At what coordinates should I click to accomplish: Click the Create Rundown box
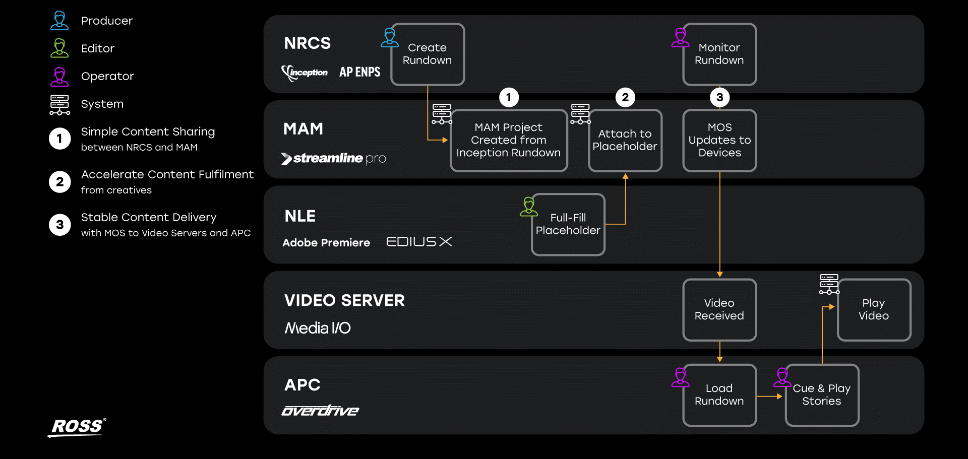click(428, 54)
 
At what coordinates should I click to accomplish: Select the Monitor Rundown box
click(719, 54)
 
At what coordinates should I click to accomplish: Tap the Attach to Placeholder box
click(625, 141)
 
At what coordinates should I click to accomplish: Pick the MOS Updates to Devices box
click(719, 141)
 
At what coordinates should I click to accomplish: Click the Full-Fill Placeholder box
click(568, 225)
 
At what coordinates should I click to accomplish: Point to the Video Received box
click(719, 310)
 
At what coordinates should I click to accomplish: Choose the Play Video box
click(874, 310)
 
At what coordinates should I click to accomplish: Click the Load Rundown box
click(719, 395)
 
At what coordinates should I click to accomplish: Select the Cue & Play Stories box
click(822, 395)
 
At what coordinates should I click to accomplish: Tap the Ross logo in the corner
click(78, 427)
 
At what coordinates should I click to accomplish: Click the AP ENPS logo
click(360, 72)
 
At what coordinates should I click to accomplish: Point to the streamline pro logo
click(334, 159)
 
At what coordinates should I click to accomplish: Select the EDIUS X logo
click(419, 242)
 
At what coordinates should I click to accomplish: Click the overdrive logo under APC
click(320, 411)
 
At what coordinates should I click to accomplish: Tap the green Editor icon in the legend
click(59, 48)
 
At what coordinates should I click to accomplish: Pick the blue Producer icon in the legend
click(59, 20)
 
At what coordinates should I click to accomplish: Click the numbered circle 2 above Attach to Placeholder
click(625, 97)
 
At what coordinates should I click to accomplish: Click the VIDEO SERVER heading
click(344, 301)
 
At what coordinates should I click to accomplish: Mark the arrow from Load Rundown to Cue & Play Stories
click(770, 397)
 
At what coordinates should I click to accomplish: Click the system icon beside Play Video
click(829, 284)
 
